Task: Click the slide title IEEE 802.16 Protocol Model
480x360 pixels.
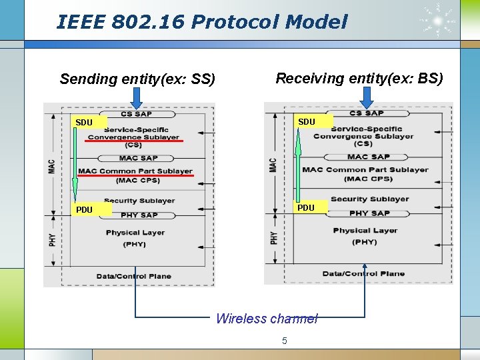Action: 202,22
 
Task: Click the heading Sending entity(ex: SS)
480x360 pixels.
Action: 137,79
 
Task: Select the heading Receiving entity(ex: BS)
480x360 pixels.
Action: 359,78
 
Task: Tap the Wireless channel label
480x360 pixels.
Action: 267,319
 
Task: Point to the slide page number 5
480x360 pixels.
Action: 285,341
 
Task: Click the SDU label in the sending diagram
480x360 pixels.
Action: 84,123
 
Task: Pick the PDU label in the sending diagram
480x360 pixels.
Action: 84,210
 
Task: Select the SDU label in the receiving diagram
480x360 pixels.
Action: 307,122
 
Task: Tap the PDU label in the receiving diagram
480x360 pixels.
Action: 306,208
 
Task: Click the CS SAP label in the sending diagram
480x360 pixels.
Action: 136,114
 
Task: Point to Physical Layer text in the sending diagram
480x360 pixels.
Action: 135,233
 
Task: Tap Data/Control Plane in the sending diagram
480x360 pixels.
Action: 134,276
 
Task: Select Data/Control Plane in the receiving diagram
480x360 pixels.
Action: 363,273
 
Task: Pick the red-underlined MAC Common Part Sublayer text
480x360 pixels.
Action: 135,171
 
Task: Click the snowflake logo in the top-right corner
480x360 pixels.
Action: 438,21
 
